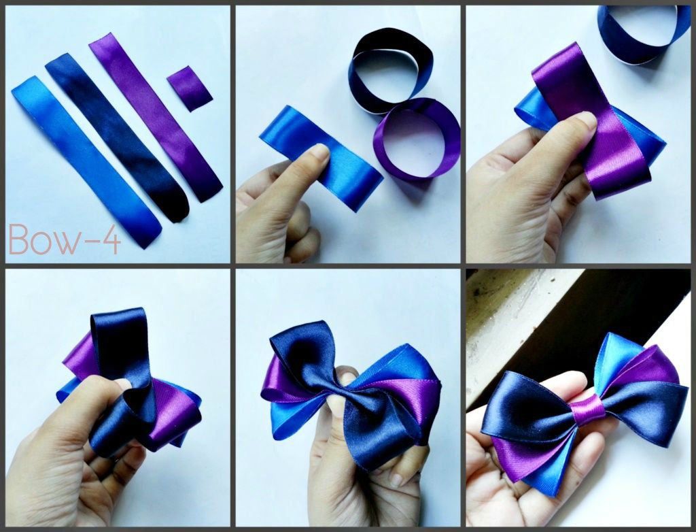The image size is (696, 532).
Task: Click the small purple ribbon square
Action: tap(190, 88)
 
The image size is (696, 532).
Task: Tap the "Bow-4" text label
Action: tap(65, 239)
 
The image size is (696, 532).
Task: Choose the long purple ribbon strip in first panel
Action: tap(156, 117)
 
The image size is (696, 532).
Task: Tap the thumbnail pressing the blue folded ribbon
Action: tap(319, 152)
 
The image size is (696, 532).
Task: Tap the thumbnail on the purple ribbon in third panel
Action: tap(585, 120)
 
